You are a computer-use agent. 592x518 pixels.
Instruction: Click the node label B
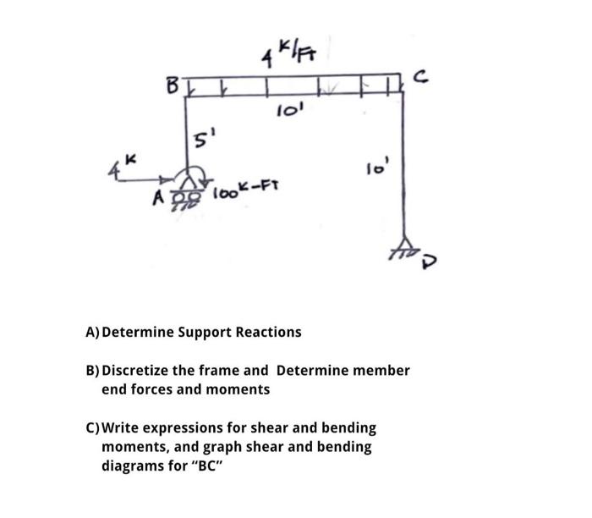pos(172,85)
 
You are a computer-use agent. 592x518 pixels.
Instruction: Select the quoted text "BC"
pos(215,466)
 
